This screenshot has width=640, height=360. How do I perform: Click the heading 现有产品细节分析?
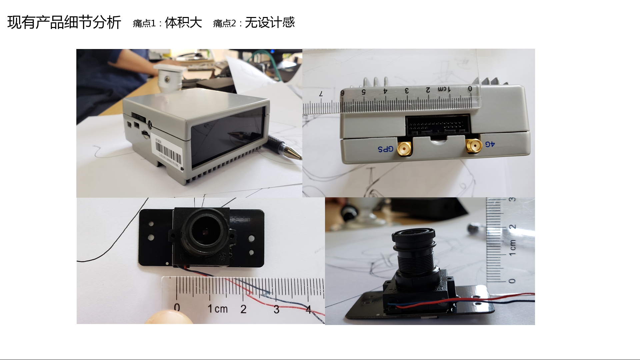coord(64,23)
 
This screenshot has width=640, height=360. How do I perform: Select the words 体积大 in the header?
coord(183,23)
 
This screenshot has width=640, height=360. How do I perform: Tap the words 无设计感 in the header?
coord(270,23)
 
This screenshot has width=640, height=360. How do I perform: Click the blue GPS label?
coord(385,149)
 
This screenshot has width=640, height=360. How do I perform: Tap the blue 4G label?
coord(490,144)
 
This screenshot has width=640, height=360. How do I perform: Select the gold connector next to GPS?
coord(404,148)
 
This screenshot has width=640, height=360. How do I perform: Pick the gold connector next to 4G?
coord(474,145)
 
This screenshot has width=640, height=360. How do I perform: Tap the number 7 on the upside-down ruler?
coord(321,94)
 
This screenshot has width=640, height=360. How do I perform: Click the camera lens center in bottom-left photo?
coord(204,230)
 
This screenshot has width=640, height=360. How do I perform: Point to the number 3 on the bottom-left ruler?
coord(276,309)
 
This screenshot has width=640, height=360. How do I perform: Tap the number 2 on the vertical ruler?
coord(512,227)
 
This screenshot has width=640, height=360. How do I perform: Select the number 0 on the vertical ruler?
coord(512,281)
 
